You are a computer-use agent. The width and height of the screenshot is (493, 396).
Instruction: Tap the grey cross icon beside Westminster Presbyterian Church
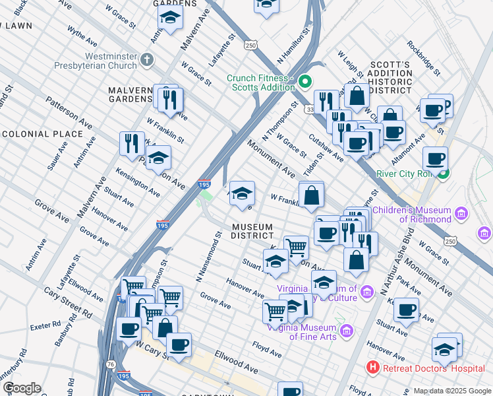(146, 61)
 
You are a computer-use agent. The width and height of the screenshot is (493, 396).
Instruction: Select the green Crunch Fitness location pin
(304, 82)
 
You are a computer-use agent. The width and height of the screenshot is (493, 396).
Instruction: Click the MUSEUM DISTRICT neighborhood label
(252, 231)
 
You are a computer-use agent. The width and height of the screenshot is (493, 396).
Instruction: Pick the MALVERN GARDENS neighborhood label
(131, 94)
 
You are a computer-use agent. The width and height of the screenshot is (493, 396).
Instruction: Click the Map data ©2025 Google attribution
(451, 391)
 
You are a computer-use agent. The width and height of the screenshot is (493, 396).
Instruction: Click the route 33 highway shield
(310, 110)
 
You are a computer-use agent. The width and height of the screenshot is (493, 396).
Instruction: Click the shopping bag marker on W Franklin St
(312, 195)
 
